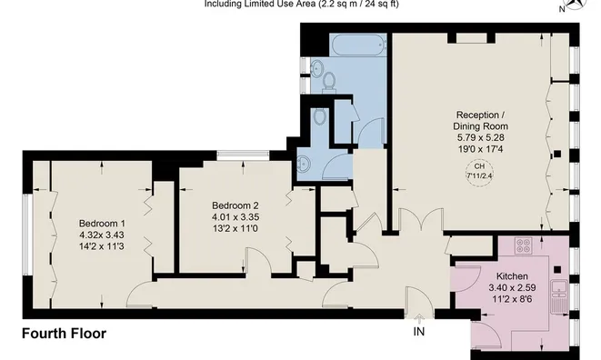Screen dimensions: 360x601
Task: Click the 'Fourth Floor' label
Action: point(64,334)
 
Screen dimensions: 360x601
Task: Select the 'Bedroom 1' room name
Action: point(102,224)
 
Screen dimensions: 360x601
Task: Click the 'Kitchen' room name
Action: point(512,276)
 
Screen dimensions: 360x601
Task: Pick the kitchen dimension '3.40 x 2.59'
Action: point(512,288)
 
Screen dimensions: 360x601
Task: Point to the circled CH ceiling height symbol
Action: point(478,172)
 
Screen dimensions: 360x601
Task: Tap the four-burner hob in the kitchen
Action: point(525,245)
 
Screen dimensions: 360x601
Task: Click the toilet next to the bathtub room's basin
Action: point(328,81)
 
